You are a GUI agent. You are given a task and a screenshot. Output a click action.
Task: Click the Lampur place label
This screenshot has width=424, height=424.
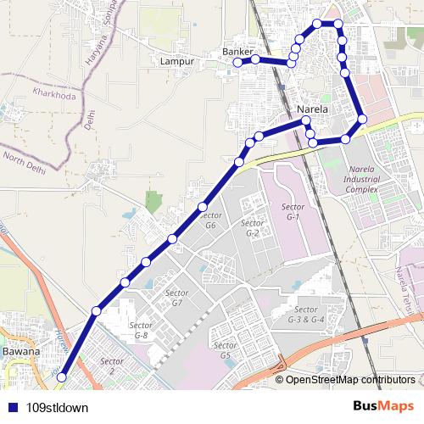point(177,62)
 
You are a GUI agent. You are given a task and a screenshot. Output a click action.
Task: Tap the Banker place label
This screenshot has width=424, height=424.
point(237,52)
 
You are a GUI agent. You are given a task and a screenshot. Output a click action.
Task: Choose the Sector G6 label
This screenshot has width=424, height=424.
point(210,220)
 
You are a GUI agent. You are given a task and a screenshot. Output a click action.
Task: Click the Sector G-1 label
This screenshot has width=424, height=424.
point(293,212)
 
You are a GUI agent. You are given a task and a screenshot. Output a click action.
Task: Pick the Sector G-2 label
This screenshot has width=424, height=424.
point(252,229)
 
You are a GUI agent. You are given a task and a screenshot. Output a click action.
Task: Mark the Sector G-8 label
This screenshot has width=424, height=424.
point(141,332)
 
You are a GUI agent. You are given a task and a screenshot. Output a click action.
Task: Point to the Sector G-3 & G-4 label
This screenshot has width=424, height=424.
point(306,315)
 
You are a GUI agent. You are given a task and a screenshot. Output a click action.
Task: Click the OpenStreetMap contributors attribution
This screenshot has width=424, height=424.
point(349,380)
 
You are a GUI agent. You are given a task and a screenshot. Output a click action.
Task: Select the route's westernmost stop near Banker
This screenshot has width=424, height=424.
point(237,62)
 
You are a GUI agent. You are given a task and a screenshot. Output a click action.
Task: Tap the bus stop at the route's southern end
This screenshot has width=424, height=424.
point(61,389)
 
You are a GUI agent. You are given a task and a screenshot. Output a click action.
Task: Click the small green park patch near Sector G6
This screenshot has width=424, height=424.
point(153,202)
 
